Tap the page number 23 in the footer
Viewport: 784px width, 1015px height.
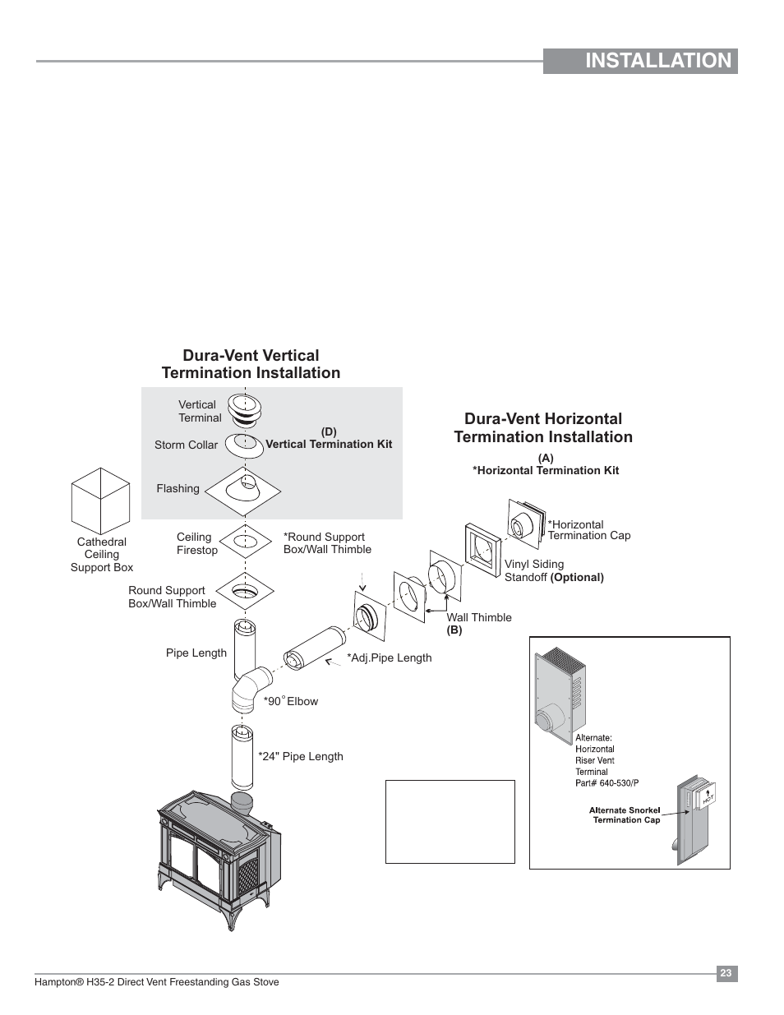[726, 974]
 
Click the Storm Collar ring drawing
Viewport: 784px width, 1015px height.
[244, 444]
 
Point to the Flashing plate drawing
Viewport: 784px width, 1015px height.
[243, 491]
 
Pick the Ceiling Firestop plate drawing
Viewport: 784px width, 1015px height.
[244, 541]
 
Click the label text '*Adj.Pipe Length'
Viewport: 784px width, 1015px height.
[389, 657]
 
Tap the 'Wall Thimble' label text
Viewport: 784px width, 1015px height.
[479, 617]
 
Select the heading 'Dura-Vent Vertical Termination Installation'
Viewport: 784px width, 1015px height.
[251, 364]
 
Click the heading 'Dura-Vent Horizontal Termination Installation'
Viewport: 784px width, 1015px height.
[543, 427]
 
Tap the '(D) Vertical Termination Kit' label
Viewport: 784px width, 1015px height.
[329, 439]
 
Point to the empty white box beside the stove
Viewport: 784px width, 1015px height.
[450, 821]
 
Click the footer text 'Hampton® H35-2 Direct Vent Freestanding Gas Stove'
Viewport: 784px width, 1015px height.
[156, 982]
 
